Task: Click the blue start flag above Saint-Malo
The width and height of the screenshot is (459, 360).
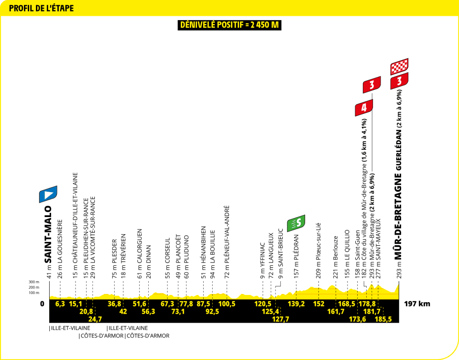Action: coord(48,194)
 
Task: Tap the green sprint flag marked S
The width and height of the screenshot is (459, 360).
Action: coord(296,223)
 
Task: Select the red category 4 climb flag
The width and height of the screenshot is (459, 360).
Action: coord(364,108)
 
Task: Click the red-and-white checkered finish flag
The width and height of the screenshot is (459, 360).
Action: coord(399,67)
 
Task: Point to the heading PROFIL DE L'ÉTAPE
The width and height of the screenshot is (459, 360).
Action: coord(41,8)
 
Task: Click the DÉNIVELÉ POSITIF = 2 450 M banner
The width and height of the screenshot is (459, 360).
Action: coord(229,25)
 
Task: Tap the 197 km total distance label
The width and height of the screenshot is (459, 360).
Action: coord(417,304)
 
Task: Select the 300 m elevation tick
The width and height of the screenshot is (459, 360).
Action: coord(34,282)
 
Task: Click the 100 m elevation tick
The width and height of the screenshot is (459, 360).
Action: coord(34,293)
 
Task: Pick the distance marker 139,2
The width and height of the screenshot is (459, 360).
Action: coord(296,304)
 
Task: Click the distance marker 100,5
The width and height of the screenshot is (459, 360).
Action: coord(227,304)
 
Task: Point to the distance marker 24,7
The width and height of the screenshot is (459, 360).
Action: coord(95,319)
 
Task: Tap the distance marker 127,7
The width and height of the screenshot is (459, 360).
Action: coord(281,319)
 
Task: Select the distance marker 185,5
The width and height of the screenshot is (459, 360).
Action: coord(383,319)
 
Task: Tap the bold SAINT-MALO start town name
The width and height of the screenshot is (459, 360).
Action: coord(47,234)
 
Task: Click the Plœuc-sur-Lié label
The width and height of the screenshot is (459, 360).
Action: coord(318,243)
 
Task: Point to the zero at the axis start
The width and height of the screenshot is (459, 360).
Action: coord(42,304)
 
